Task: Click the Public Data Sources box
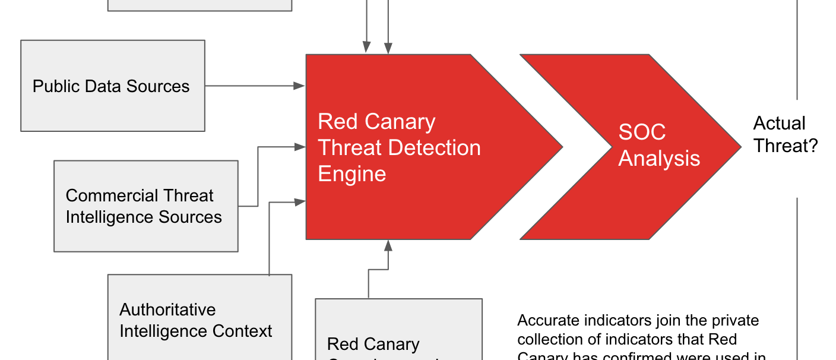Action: click(x=113, y=86)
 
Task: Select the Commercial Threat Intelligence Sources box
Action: click(x=146, y=206)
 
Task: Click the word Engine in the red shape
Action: click(x=352, y=174)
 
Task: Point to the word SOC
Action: click(x=642, y=132)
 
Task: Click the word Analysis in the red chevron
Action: click(x=659, y=159)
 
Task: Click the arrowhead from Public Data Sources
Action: click(x=300, y=86)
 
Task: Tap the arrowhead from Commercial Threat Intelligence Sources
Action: click(x=300, y=146)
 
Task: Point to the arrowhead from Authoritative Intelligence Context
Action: click(x=300, y=202)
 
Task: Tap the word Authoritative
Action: click(x=167, y=310)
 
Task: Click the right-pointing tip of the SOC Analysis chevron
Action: click(x=740, y=147)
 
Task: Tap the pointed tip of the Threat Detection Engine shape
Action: click(x=561, y=147)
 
